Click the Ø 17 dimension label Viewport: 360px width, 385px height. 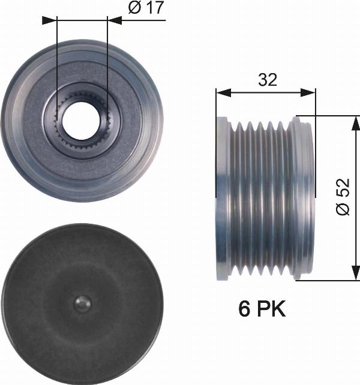pos(146,9)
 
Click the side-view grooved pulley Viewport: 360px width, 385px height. pos(265,198)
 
